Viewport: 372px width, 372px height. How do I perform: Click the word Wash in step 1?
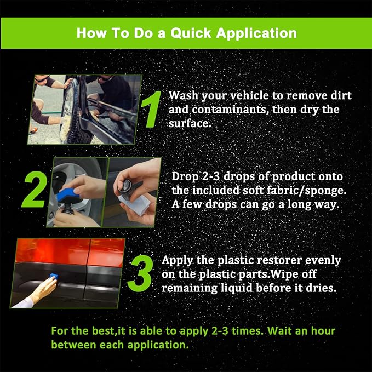click(x=182, y=96)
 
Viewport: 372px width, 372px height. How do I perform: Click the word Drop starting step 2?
click(x=185, y=177)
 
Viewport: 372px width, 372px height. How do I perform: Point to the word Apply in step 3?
click(x=175, y=260)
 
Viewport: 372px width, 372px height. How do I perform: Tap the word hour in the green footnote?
click(x=321, y=331)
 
